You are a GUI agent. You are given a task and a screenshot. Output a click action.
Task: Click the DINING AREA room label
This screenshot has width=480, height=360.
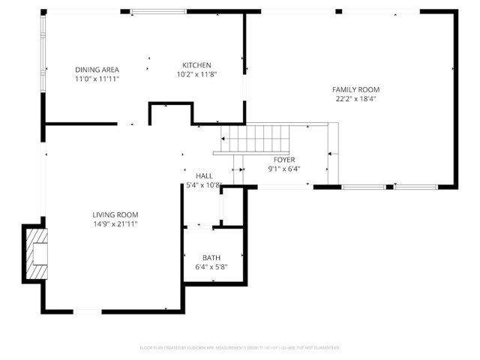click(x=97, y=70)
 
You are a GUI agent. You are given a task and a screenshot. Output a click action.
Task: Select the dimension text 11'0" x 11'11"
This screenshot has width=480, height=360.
click(x=97, y=79)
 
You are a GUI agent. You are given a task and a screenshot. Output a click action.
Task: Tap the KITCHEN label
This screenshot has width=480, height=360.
click(x=197, y=65)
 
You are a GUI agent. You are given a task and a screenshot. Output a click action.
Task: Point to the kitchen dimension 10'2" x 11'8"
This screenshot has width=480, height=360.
click(x=197, y=74)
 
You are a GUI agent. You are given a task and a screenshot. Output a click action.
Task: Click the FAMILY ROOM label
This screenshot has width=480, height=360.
click(x=356, y=89)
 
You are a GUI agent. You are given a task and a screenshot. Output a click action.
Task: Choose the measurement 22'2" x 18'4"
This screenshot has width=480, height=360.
click(x=356, y=98)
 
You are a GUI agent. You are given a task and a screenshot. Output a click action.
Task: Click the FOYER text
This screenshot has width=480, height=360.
click(x=283, y=160)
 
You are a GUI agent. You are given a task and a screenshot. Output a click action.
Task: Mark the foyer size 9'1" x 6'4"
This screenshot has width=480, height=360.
click(x=283, y=169)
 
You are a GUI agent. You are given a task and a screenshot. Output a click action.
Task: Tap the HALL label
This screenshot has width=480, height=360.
click(x=204, y=175)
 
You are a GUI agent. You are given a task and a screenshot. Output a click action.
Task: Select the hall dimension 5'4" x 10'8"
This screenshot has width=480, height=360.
click(x=204, y=184)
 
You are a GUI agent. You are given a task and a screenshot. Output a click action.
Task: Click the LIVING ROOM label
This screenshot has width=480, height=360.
click(x=115, y=214)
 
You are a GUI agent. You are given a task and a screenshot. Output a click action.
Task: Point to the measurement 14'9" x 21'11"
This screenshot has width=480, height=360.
click(x=115, y=223)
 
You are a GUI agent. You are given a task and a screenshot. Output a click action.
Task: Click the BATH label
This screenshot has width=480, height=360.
click(x=211, y=257)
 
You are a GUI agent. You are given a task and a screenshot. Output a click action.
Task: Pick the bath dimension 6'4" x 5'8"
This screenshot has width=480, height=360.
click(x=211, y=266)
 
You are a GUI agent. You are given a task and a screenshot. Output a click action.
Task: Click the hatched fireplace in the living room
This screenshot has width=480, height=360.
click(x=36, y=253)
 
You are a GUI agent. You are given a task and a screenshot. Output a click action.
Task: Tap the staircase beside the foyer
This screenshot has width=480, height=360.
click(x=255, y=139)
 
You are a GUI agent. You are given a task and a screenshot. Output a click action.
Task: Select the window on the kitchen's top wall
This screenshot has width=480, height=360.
click(x=158, y=11)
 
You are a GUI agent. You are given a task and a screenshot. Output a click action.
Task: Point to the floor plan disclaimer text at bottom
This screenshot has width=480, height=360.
click(x=240, y=348)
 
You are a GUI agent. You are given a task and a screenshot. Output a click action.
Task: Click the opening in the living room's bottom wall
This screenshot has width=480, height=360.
click(x=87, y=311)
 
